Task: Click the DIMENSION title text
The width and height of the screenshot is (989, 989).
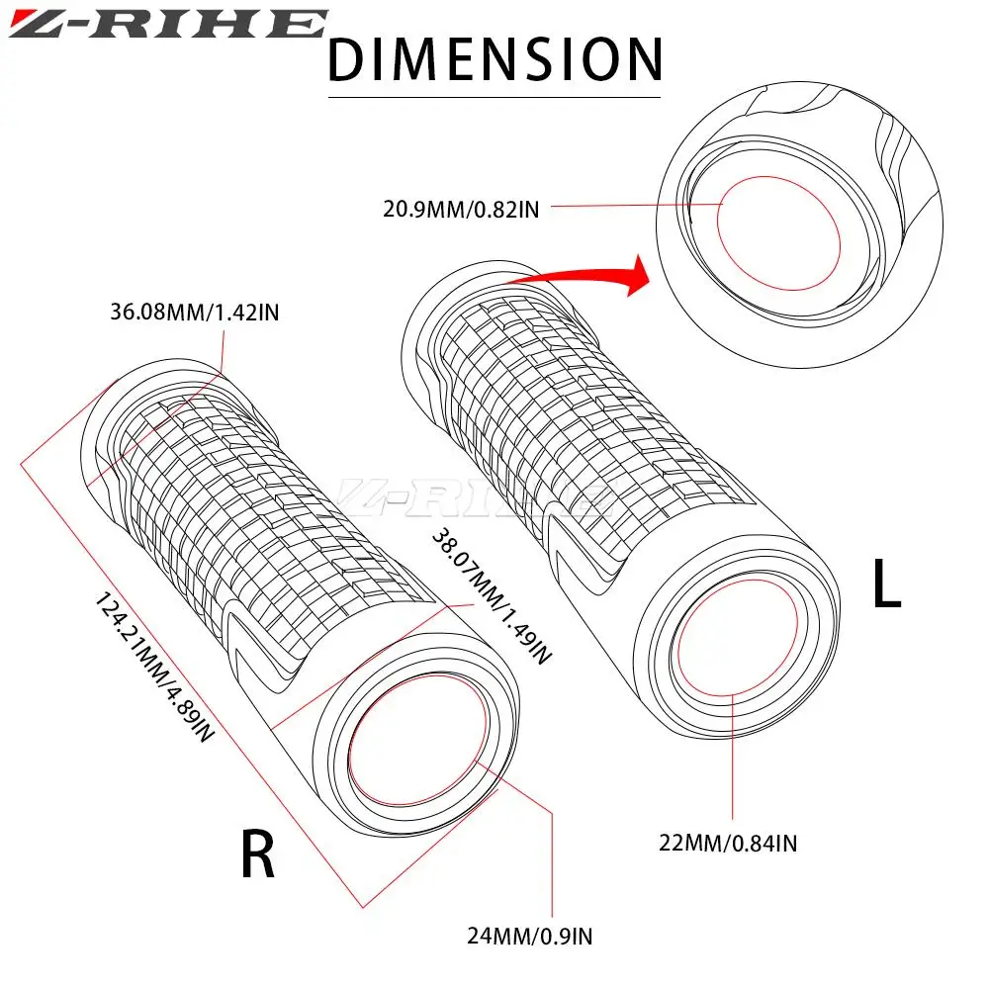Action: coord(494,59)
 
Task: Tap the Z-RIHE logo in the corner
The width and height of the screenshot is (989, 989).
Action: coord(165,24)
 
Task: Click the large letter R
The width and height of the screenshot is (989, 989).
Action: coord(258,857)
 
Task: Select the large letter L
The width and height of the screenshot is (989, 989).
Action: coord(886,585)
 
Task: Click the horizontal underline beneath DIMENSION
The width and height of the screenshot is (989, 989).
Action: coord(494,97)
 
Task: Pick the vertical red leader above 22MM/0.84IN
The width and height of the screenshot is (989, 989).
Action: coord(731,762)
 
